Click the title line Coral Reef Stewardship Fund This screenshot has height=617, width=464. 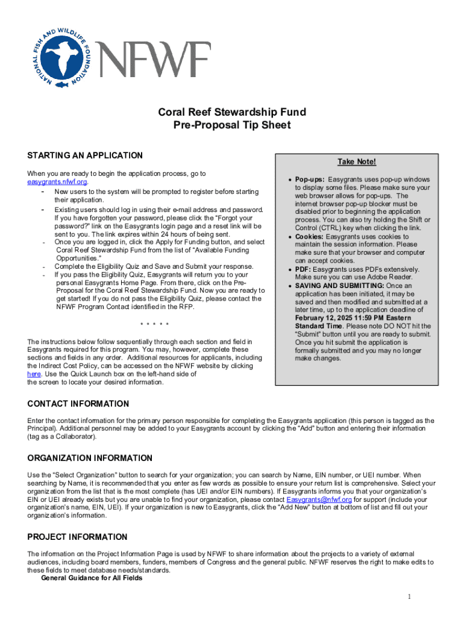[231, 113]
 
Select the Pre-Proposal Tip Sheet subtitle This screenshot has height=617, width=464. [231, 125]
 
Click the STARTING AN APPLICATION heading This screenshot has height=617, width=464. [85, 156]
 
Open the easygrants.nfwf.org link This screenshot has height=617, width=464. [58, 181]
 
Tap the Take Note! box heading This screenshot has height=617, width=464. [356, 162]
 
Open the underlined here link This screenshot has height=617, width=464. [34, 374]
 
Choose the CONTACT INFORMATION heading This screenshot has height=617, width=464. [78, 404]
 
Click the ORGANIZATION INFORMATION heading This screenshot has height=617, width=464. [90, 459]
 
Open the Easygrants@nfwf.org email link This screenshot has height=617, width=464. [319, 500]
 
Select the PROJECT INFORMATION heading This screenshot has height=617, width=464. [78, 537]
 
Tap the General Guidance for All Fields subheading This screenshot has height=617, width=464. [92, 578]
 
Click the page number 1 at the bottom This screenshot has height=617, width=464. [409, 597]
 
